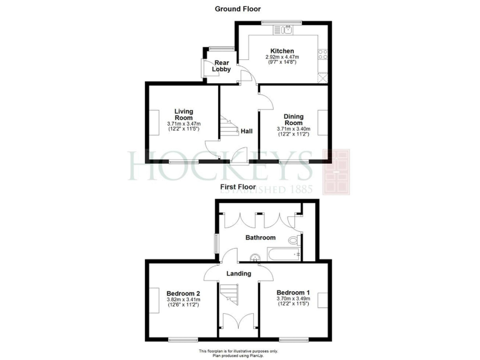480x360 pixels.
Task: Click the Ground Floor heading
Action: point(238,9)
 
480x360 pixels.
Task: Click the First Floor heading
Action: point(237,187)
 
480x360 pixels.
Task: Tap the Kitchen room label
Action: point(282,51)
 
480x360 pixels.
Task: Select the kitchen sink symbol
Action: point(288,29)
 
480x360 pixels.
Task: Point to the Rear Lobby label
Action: point(223,66)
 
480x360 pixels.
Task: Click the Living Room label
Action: point(184,114)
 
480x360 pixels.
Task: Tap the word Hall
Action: point(247,131)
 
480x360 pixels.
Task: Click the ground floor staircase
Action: point(228,128)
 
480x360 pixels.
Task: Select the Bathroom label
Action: point(260,237)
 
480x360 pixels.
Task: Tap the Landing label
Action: point(238,273)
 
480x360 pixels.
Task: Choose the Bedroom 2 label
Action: point(183,293)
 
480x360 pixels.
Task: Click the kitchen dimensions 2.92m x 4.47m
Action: point(282,58)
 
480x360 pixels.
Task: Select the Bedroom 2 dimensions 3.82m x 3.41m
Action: point(183,300)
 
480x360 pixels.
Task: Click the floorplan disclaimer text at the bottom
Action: point(238,353)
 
